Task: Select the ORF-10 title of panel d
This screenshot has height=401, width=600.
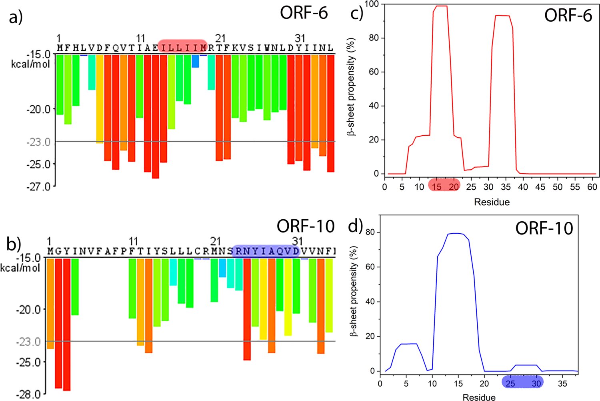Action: [x=544, y=228]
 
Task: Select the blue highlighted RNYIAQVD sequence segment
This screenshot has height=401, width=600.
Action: [x=266, y=251]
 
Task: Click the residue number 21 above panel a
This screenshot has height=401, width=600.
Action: [x=220, y=38]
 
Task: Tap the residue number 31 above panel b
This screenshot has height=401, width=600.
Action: [x=297, y=241]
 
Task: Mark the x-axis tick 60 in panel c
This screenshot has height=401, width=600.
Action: [x=592, y=186]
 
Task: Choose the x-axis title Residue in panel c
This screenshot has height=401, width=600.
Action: [x=492, y=202]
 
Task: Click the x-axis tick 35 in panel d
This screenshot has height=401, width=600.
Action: [x=562, y=383]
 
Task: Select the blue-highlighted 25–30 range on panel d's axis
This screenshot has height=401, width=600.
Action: [x=522, y=383]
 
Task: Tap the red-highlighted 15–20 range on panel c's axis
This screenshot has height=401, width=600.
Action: [x=444, y=186]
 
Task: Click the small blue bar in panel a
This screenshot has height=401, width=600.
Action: [x=195, y=61]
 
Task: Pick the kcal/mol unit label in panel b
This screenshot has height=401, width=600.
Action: [x=20, y=267]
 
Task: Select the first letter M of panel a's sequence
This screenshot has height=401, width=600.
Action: [x=60, y=48]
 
